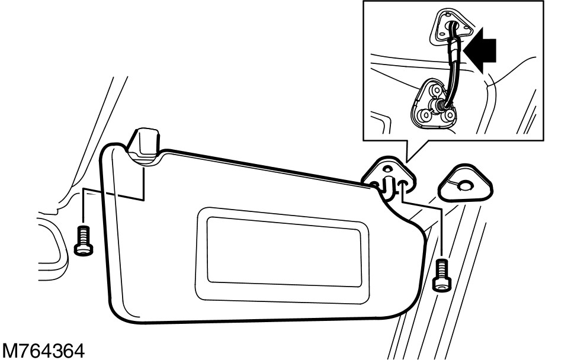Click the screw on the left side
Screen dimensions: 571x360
83,241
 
